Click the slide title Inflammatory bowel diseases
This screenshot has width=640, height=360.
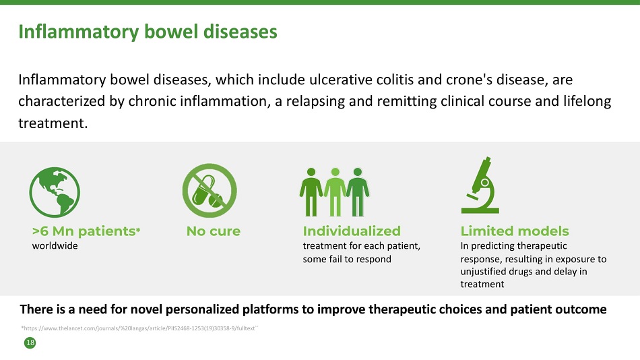coord(148,32)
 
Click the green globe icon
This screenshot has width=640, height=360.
coord(55,192)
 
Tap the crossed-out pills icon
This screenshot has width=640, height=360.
coord(210,190)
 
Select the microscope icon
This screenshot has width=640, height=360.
coord(480,185)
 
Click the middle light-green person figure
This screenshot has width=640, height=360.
coord(335,191)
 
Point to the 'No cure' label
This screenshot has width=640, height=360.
coord(214,231)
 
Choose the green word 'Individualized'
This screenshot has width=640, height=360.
coord(352,231)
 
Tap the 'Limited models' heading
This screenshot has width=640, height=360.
coord(515,231)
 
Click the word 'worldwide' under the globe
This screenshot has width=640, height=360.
coord(55,246)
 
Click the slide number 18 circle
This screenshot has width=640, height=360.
coord(30,343)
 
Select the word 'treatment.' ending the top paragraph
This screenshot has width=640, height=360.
coord(53,123)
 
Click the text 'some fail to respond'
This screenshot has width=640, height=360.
coord(347,259)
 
